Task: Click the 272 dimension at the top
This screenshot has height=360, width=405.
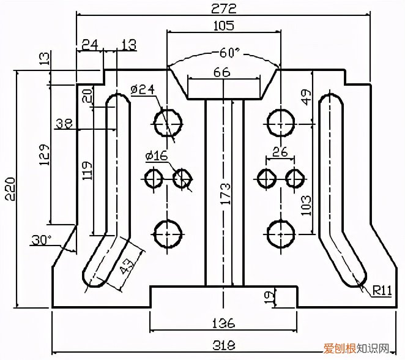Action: point(225,7)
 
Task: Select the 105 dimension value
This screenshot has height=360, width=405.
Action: point(225,26)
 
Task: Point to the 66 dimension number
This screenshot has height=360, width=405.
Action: point(224,72)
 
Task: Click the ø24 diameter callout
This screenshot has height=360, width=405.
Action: point(142,89)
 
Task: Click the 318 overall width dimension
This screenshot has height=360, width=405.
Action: point(225,345)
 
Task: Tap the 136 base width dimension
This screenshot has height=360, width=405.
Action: point(225,323)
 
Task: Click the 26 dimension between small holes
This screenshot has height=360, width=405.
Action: point(280,151)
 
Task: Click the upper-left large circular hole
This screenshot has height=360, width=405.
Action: point(168,123)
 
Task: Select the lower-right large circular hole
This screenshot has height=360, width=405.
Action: point(281,234)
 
